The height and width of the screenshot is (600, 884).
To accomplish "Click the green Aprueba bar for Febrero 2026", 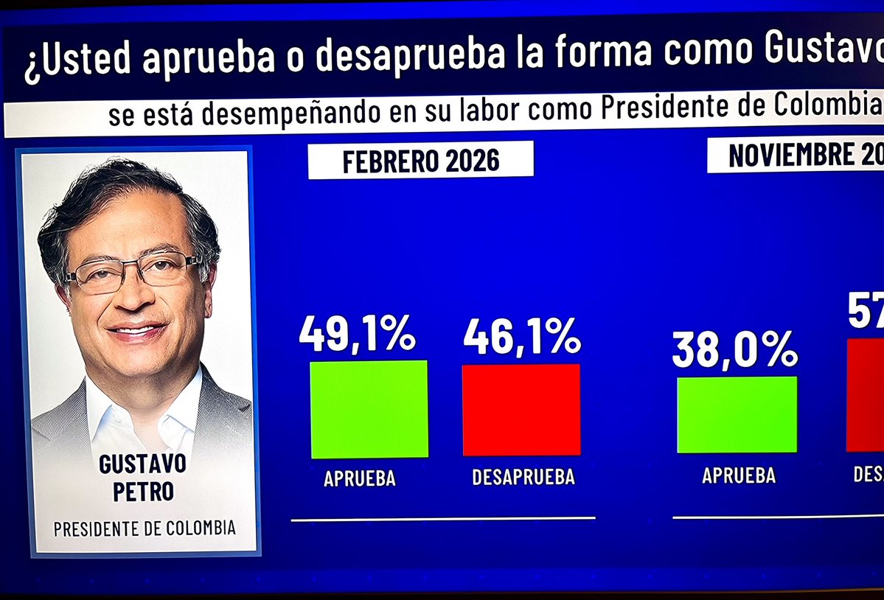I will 369,409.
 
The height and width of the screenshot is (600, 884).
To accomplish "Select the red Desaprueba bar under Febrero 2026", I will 521,410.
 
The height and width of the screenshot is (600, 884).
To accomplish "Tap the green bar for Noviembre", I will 737,414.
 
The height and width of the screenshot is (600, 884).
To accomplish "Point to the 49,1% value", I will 358,334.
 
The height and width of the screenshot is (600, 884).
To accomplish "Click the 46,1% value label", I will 522,336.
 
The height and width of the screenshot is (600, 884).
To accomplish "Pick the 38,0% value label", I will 734,349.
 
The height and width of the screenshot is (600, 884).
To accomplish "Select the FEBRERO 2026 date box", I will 420,160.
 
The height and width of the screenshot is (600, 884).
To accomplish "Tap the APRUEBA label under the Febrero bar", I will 360,478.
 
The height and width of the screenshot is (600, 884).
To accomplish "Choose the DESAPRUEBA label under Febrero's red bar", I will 523,477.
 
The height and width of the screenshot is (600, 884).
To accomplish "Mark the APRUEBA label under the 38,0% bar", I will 739,475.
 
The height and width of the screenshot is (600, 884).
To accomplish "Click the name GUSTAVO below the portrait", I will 142,464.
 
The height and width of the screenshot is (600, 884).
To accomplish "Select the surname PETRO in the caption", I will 143,492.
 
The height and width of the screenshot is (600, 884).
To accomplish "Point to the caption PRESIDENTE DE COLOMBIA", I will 145,529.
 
